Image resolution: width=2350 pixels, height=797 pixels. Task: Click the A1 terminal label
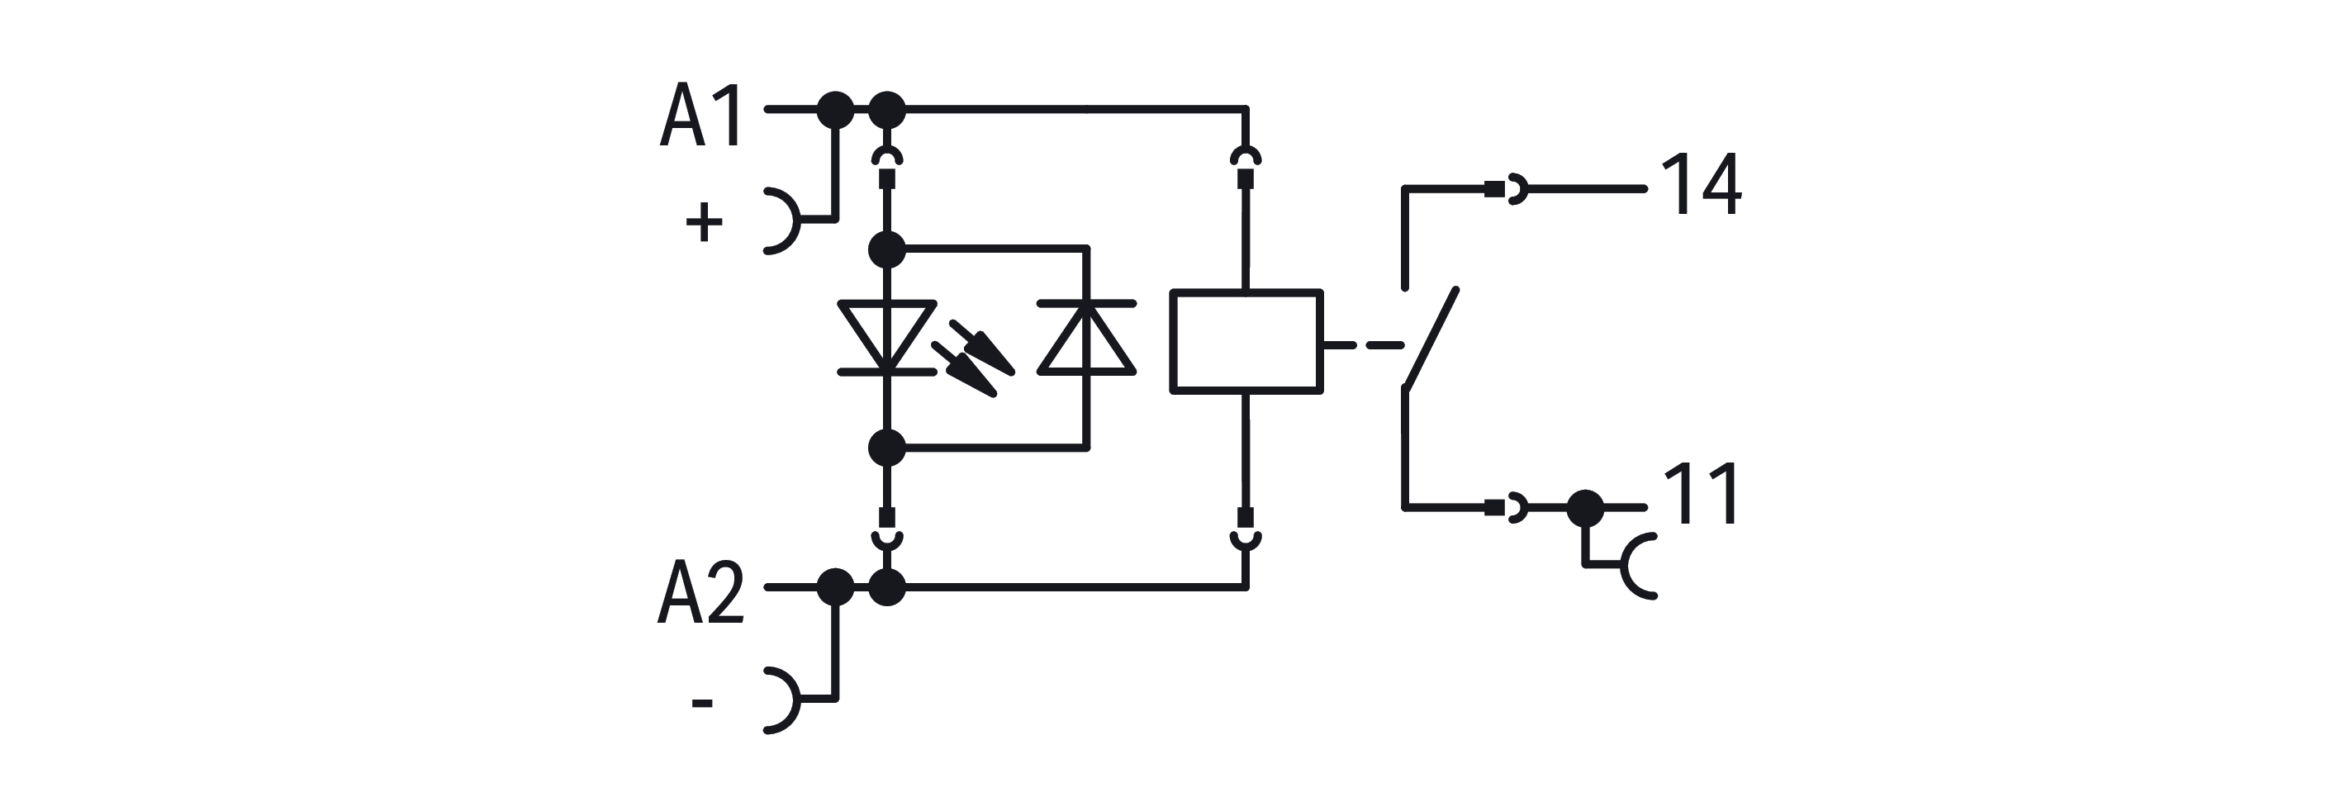click(x=700, y=116)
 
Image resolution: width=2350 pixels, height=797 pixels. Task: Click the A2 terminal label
click(x=700, y=593)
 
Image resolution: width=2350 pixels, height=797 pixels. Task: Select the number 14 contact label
click(x=1701, y=185)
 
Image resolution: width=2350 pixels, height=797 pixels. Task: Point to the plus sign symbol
click(x=704, y=221)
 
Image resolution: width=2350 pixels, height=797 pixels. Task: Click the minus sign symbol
click(x=701, y=702)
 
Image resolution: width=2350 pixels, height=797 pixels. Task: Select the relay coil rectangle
click(x=1246, y=342)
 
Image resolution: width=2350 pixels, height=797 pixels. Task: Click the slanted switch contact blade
click(x=1431, y=340)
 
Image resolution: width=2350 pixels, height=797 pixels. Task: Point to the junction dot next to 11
click(x=1584, y=508)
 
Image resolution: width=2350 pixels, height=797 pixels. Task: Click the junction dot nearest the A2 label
click(x=835, y=587)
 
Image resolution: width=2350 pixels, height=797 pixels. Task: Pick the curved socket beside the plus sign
click(x=783, y=221)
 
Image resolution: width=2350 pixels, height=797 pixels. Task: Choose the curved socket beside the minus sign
click(x=783, y=700)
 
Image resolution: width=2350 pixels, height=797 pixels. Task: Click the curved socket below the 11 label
click(x=1637, y=567)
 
